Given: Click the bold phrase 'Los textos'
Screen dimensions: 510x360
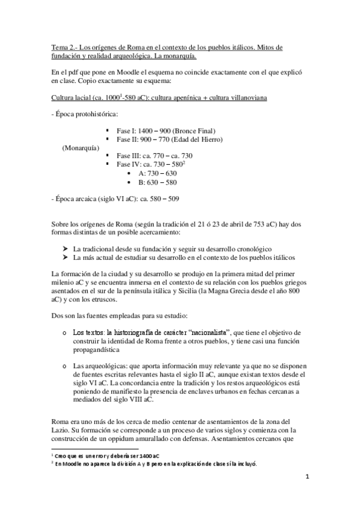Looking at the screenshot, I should tap(90, 332).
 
